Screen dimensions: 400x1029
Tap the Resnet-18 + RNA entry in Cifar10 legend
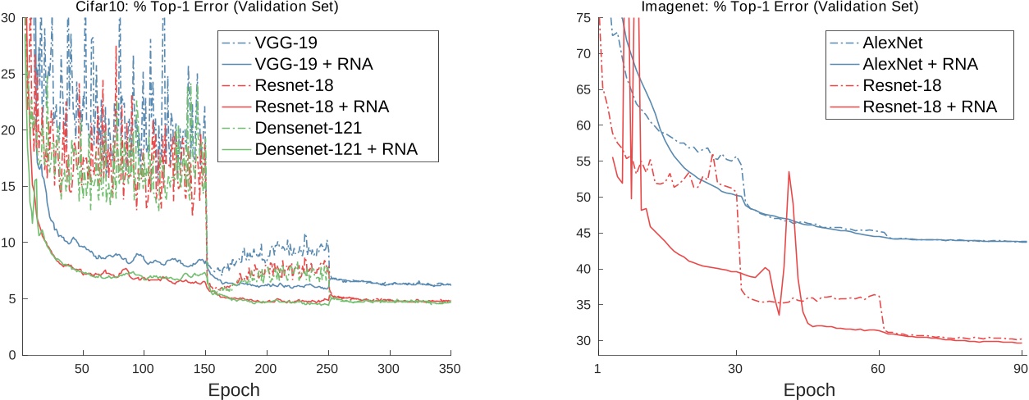[322, 106]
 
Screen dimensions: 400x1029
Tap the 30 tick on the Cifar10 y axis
[8, 17]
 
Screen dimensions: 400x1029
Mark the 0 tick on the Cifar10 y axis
[11, 355]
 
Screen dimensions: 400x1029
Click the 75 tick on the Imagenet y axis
[583, 17]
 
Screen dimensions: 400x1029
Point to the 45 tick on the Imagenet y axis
[583, 233]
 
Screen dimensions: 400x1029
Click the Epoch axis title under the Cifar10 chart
[235, 389]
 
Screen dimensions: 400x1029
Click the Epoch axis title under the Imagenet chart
[809, 389]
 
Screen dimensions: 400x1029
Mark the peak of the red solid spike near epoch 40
[789, 171]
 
